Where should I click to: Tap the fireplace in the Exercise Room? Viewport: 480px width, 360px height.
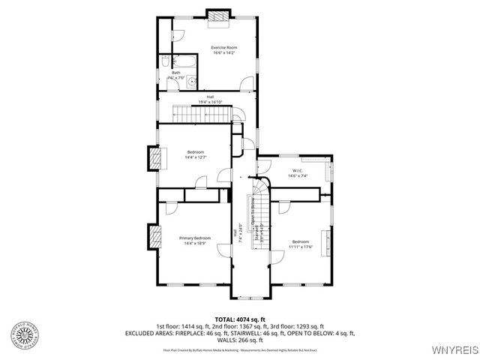pos(217,15)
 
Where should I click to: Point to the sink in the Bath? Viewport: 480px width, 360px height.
pos(192,81)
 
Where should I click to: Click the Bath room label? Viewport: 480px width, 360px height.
pos(175,73)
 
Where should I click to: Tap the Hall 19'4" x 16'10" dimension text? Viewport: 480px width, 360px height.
pos(211,100)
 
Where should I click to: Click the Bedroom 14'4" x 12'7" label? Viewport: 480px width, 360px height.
pos(195,154)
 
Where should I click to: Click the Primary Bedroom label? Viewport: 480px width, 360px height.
pos(195,240)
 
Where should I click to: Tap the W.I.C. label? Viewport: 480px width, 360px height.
pos(297,172)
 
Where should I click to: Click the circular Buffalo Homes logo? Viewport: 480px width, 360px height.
pos(25,335)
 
